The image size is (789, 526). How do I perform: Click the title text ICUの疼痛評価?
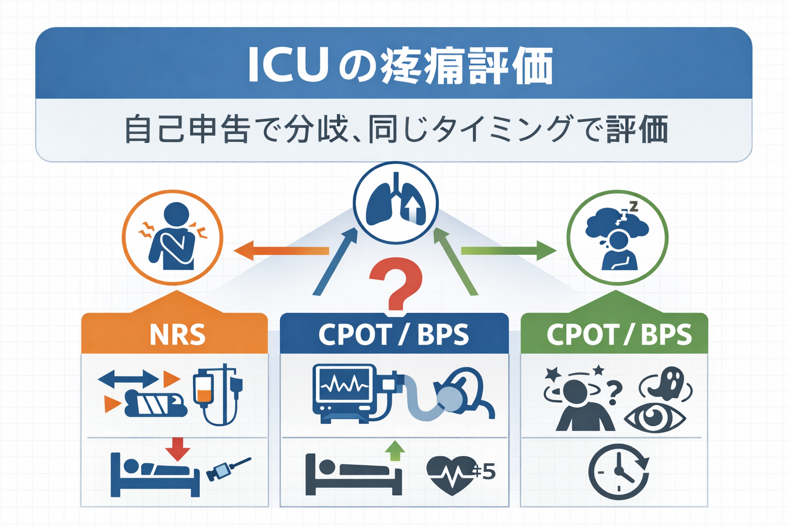point(400,66)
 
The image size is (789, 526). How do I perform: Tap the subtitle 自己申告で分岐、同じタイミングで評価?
point(396,129)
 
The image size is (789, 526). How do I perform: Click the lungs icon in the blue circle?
point(396,202)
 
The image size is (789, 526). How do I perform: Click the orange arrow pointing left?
point(280,251)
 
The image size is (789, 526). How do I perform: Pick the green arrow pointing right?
point(509,251)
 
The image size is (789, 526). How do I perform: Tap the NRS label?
point(177,335)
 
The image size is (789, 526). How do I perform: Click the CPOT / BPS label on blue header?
point(393,335)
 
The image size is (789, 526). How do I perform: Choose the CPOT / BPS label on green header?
point(619,335)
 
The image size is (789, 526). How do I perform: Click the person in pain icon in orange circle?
point(173,237)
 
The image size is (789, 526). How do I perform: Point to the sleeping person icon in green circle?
point(617,237)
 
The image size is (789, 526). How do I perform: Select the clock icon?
point(618,472)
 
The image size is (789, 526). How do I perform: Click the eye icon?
point(654,418)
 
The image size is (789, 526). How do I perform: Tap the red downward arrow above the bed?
point(178,449)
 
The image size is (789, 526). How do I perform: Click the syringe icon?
point(228,468)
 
